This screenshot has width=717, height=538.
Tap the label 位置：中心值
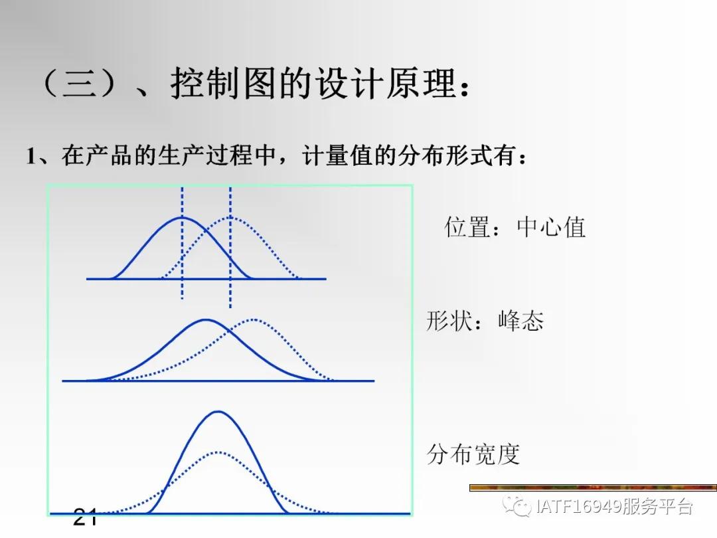[x=515, y=228]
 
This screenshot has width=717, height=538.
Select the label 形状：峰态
[x=485, y=321]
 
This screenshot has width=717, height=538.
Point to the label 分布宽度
[x=473, y=455]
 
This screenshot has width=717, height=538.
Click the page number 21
[x=85, y=516]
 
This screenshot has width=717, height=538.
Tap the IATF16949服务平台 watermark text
[x=614, y=507]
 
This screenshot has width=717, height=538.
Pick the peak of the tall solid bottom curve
[x=218, y=412]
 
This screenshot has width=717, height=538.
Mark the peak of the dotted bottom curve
[x=218, y=452]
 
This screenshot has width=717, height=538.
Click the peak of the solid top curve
[x=182, y=217]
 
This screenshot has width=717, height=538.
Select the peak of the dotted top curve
[x=230, y=217]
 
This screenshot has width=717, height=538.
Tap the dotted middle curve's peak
[x=254, y=319]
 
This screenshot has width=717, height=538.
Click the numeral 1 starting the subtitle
[x=31, y=157]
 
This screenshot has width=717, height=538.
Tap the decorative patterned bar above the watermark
[x=593, y=488]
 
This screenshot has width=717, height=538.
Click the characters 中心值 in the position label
[x=551, y=228]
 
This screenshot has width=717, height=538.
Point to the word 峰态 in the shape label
[x=520, y=321]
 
